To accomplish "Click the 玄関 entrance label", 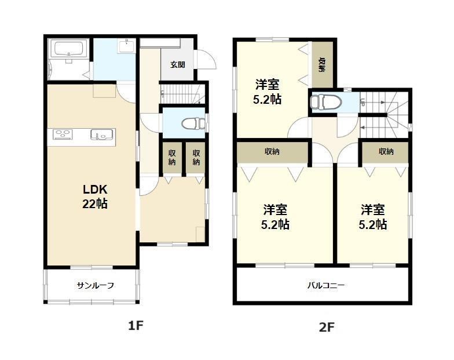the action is click(177, 64).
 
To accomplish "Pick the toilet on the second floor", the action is click(325, 102).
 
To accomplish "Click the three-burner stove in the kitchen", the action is click(63, 134).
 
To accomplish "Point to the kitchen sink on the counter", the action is click(102, 134).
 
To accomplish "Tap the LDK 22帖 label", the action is click(95, 197).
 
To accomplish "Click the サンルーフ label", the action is click(96, 285).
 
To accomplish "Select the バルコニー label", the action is click(325, 285).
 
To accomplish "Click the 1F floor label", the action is click(136, 326).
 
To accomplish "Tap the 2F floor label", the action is click(327, 327).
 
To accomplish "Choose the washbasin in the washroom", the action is click(126, 46).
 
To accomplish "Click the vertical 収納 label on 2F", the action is click(322, 65).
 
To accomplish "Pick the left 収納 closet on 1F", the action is click(172, 158).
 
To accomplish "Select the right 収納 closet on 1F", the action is click(196, 158).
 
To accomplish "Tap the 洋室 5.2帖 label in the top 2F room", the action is click(267, 92).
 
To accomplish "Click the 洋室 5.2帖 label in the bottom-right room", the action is click(373, 217).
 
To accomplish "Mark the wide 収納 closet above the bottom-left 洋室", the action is click(272, 152).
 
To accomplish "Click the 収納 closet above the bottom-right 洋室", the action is click(386, 152).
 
